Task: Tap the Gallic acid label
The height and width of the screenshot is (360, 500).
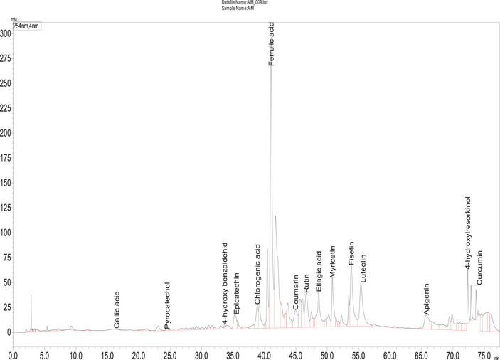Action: click(x=117, y=309)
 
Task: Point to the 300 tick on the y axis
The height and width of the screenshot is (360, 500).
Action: click(x=6, y=33)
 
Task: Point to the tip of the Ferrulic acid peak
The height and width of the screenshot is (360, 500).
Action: click(x=271, y=69)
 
